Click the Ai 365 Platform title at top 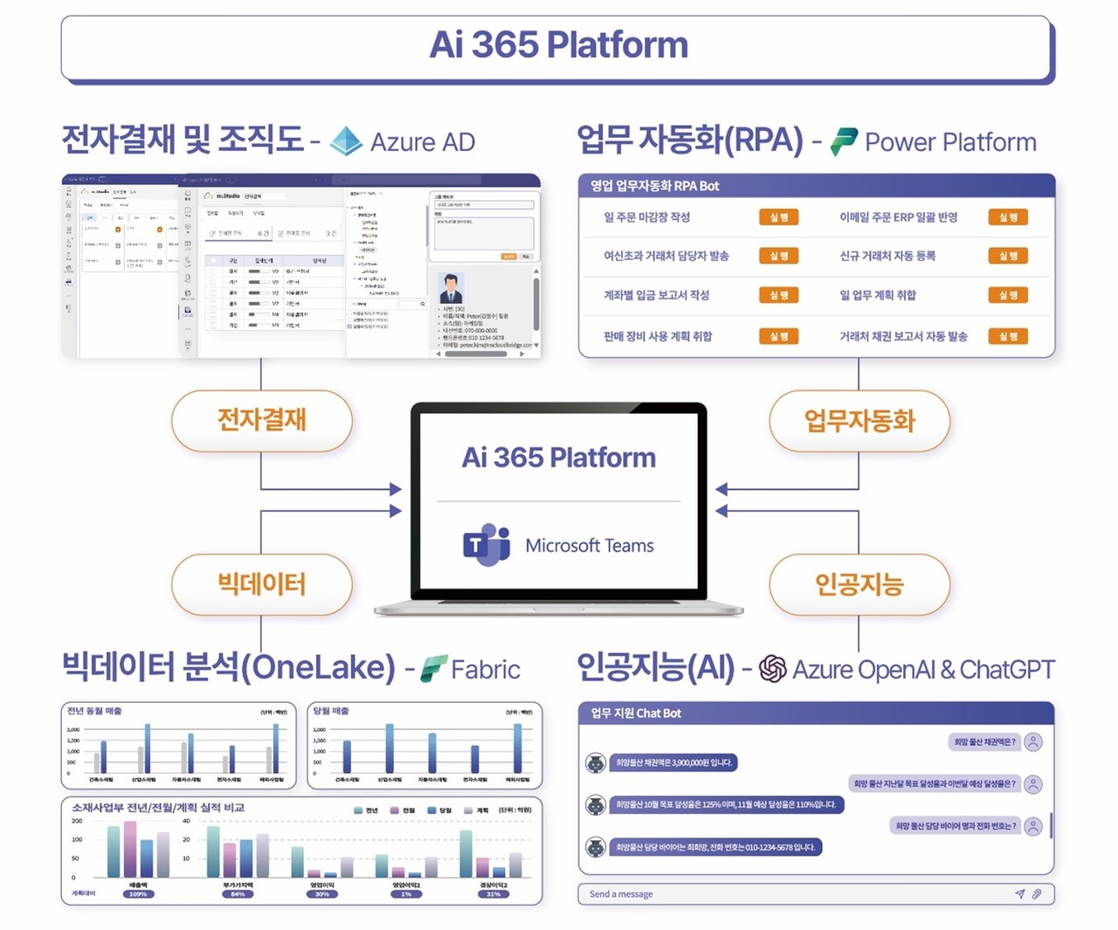click(558, 45)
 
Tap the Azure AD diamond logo click(346, 141)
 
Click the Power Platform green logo click(844, 141)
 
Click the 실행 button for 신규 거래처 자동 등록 click(1007, 256)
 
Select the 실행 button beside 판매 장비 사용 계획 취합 click(778, 336)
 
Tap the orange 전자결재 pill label click(262, 420)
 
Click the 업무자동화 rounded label click(859, 421)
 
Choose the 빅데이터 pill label click(262, 583)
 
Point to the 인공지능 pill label click(859, 583)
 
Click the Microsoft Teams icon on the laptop click(487, 545)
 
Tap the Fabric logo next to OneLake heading click(434, 669)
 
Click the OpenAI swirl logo click(772, 669)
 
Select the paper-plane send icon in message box click(1019, 893)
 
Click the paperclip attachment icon click(1037, 893)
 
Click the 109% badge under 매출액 click(138, 894)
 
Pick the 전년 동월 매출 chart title click(94, 711)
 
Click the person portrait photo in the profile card click(451, 288)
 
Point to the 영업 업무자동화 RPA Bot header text click(655, 185)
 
